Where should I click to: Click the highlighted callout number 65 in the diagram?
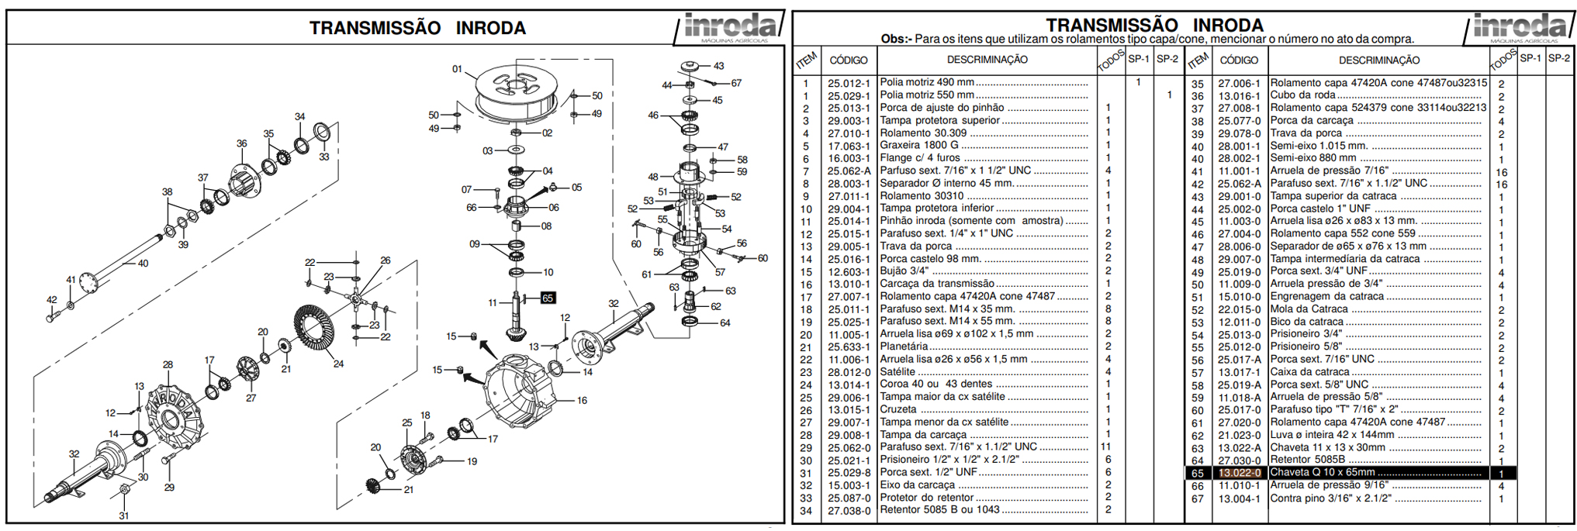pos(548,298)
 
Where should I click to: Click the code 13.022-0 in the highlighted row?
pos(1239,473)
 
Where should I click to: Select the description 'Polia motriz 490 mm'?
pos(927,82)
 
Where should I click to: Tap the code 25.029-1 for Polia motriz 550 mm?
pos(849,95)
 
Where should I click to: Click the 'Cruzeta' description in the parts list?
pos(898,409)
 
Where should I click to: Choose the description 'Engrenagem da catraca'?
pos(1326,296)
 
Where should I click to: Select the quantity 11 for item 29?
pos(1106,447)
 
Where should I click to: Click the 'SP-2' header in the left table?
pos(1167,59)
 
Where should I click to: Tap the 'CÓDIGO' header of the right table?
pos(1239,60)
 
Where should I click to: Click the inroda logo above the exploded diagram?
pos(728,28)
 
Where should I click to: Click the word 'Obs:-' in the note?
pos(896,40)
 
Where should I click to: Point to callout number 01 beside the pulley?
pos(457,69)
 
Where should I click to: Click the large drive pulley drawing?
pos(516,93)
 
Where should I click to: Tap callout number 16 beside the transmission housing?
pos(582,401)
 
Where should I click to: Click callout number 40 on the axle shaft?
pos(143,264)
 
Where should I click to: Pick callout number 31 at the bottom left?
pos(124,515)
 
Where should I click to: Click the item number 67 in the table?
pos(1198,498)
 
